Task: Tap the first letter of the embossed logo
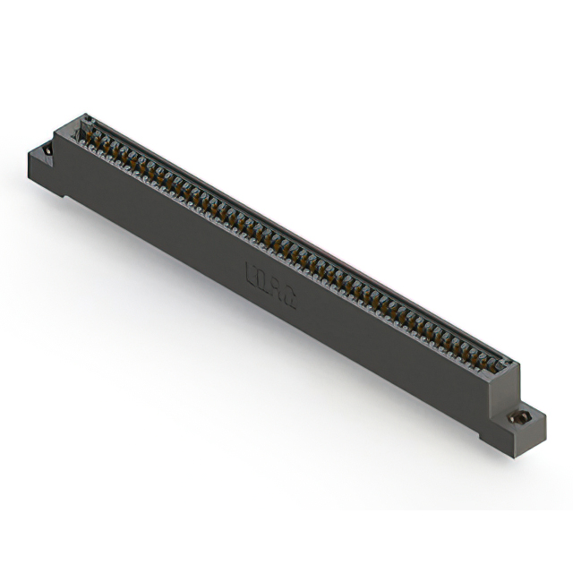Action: pyautogui.click(x=251, y=271)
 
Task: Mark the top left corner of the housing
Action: pyautogui.click(x=84, y=115)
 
